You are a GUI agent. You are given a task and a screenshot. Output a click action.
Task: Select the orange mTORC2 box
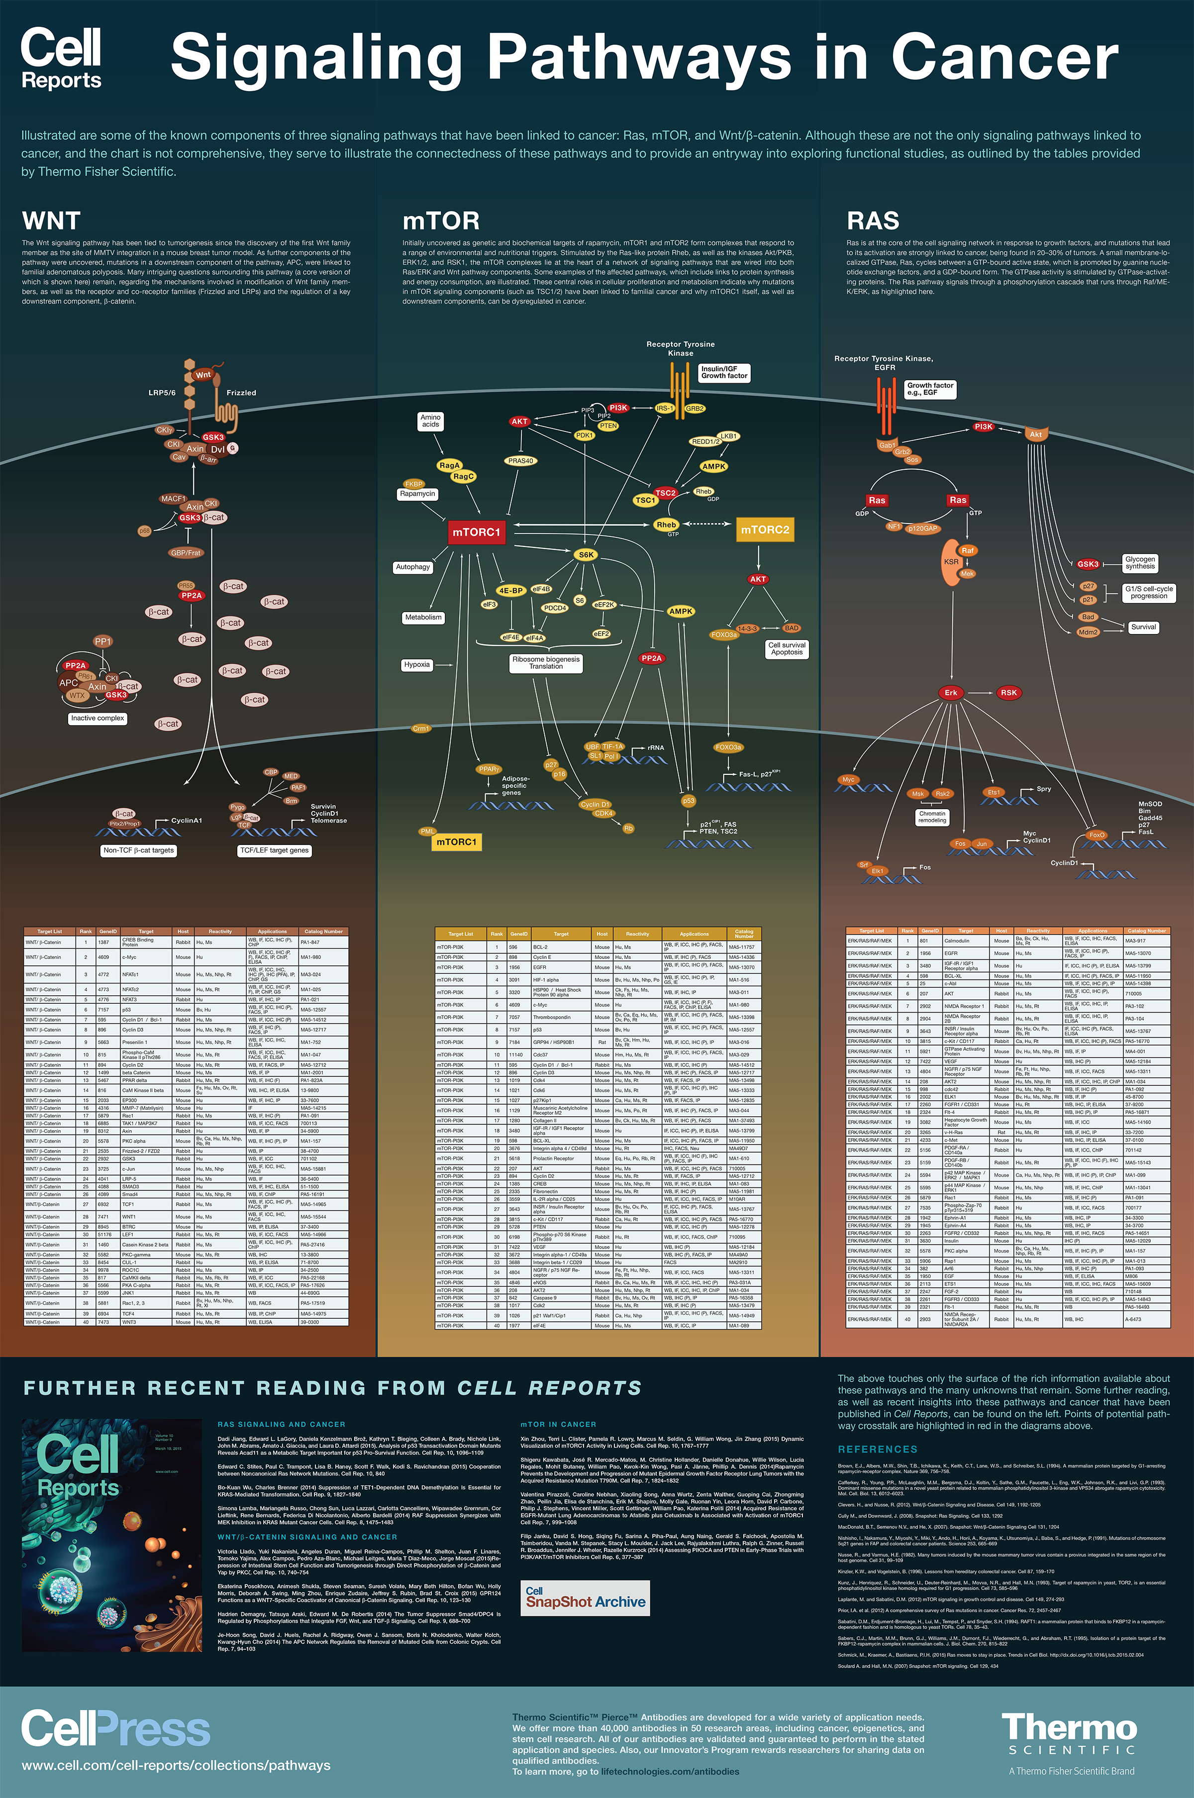765,530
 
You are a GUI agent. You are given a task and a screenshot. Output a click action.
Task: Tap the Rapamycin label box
417,494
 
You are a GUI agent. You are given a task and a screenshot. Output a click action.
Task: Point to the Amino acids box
430,421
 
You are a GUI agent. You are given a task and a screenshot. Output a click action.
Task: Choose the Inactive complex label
98,718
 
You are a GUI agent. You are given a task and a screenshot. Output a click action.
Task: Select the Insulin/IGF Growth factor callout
724,372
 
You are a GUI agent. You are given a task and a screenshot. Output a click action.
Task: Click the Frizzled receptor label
241,393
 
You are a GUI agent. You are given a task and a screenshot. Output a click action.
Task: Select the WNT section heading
51,221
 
